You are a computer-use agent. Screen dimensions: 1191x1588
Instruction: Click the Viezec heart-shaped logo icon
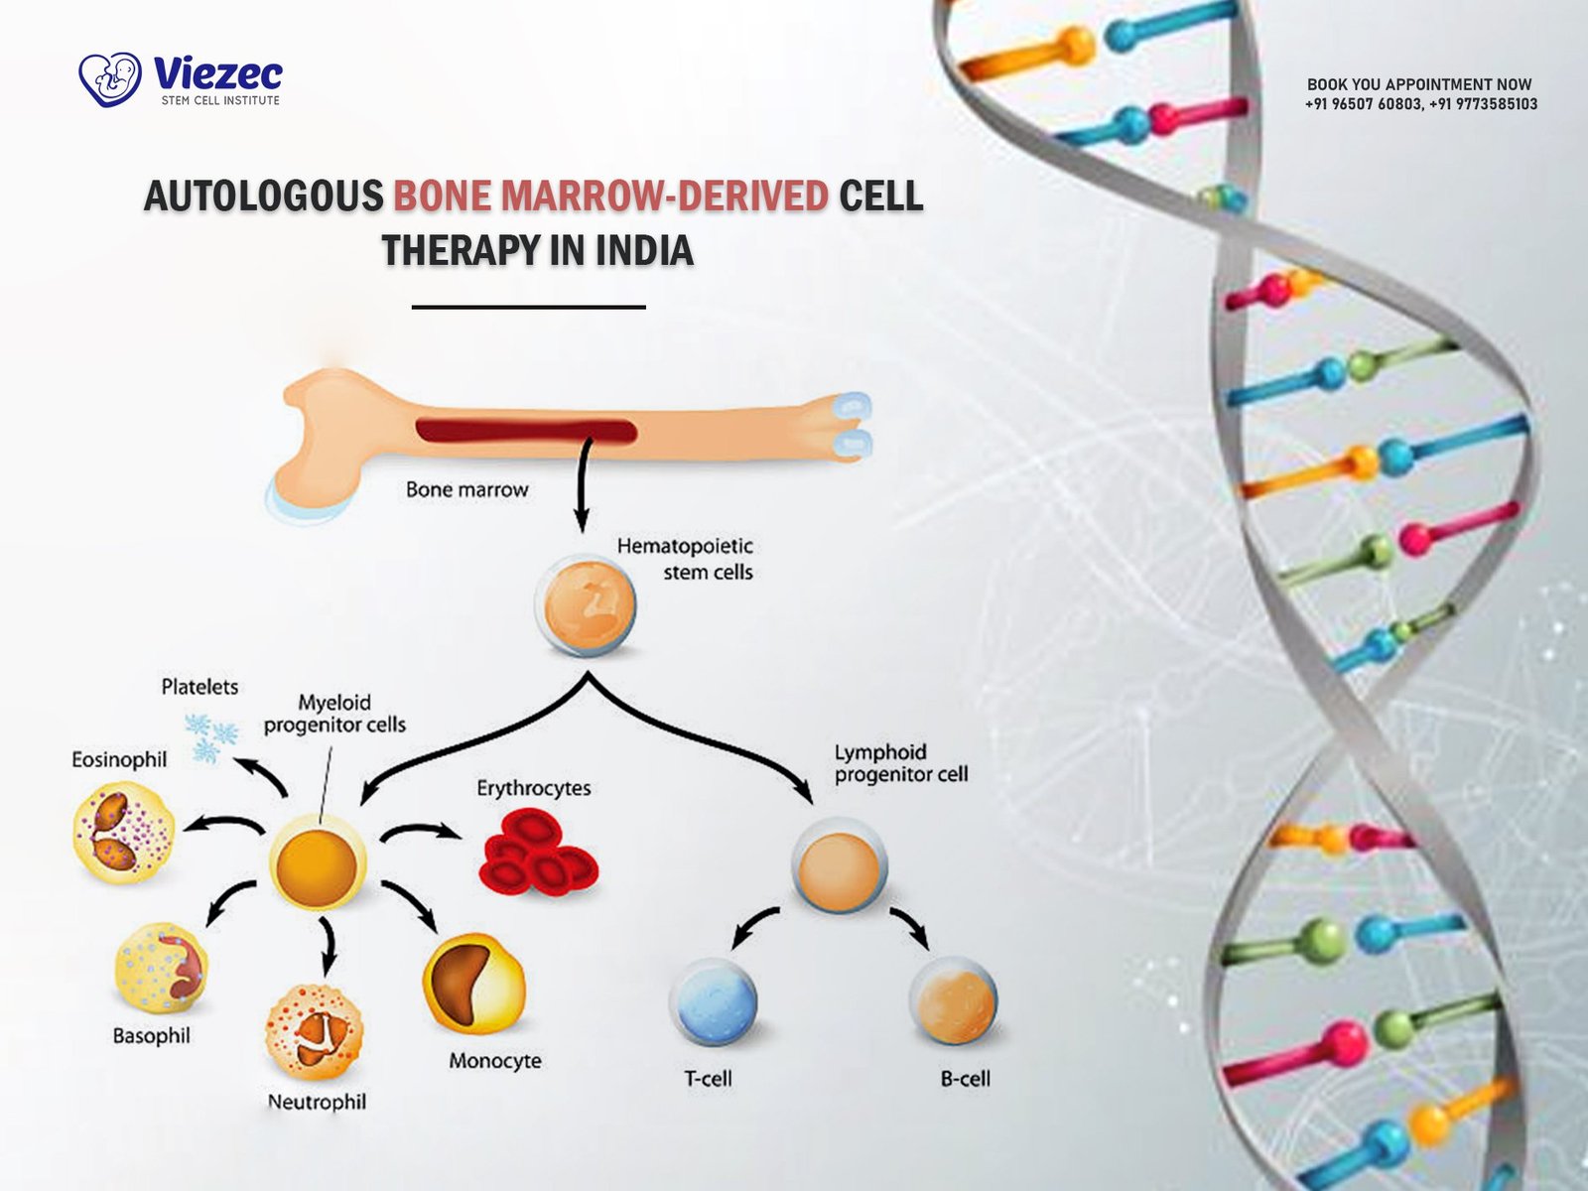110,79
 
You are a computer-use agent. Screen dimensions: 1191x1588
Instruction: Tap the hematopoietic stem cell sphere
585,604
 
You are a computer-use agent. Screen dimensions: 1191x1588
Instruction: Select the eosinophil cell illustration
123,832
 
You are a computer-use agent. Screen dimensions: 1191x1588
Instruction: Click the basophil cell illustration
161,969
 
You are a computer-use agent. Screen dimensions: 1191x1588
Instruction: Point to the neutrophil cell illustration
314,1032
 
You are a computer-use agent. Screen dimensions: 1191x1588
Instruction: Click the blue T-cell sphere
712,1001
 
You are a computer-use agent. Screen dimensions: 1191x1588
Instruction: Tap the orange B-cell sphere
953,999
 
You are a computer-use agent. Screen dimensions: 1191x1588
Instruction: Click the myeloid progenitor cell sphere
318,863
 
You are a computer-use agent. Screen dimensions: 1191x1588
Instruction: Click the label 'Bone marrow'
466,489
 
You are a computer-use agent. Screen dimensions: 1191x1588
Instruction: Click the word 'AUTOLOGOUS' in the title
264,197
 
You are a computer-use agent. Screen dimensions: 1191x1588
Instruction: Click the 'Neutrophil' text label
317,1102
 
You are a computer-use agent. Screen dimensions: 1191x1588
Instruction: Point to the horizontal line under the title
528,308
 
